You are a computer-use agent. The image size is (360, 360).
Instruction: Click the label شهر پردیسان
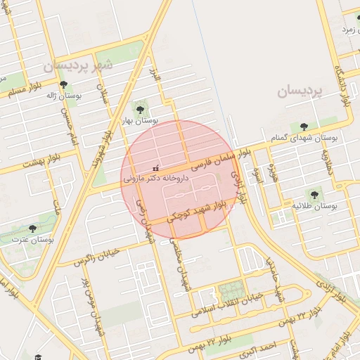pos(77,65)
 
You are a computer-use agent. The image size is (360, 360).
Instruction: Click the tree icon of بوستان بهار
pos(140,109)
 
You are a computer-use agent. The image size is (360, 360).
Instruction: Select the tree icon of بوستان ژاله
pos(63,84)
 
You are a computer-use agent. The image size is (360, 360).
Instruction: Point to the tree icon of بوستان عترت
pos(32,229)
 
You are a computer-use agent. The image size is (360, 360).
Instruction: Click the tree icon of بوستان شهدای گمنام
pos(304,127)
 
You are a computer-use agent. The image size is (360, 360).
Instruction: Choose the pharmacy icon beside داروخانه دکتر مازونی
pos(155,169)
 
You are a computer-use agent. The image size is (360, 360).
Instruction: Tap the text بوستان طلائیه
pos(316,207)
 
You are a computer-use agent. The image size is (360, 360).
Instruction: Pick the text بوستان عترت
pos(33,240)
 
